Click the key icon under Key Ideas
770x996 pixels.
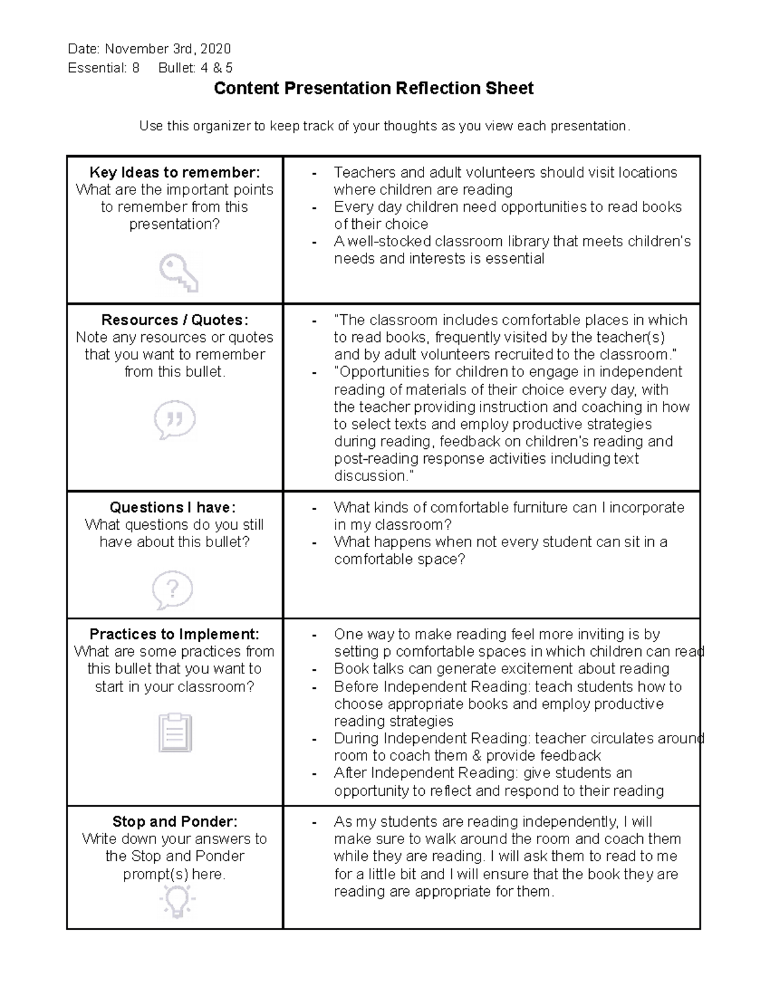point(178,273)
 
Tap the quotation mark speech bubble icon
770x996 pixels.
point(175,420)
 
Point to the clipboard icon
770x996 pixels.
point(175,732)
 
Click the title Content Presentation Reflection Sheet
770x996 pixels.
point(373,89)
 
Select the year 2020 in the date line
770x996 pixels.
point(216,49)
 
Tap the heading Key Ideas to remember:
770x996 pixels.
point(175,173)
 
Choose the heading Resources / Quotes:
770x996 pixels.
point(175,320)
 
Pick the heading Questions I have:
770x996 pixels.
point(173,507)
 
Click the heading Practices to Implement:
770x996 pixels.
point(175,634)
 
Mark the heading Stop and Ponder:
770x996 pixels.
point(175,822)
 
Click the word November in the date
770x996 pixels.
point(135,49)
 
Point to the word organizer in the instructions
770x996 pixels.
point(220,126)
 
